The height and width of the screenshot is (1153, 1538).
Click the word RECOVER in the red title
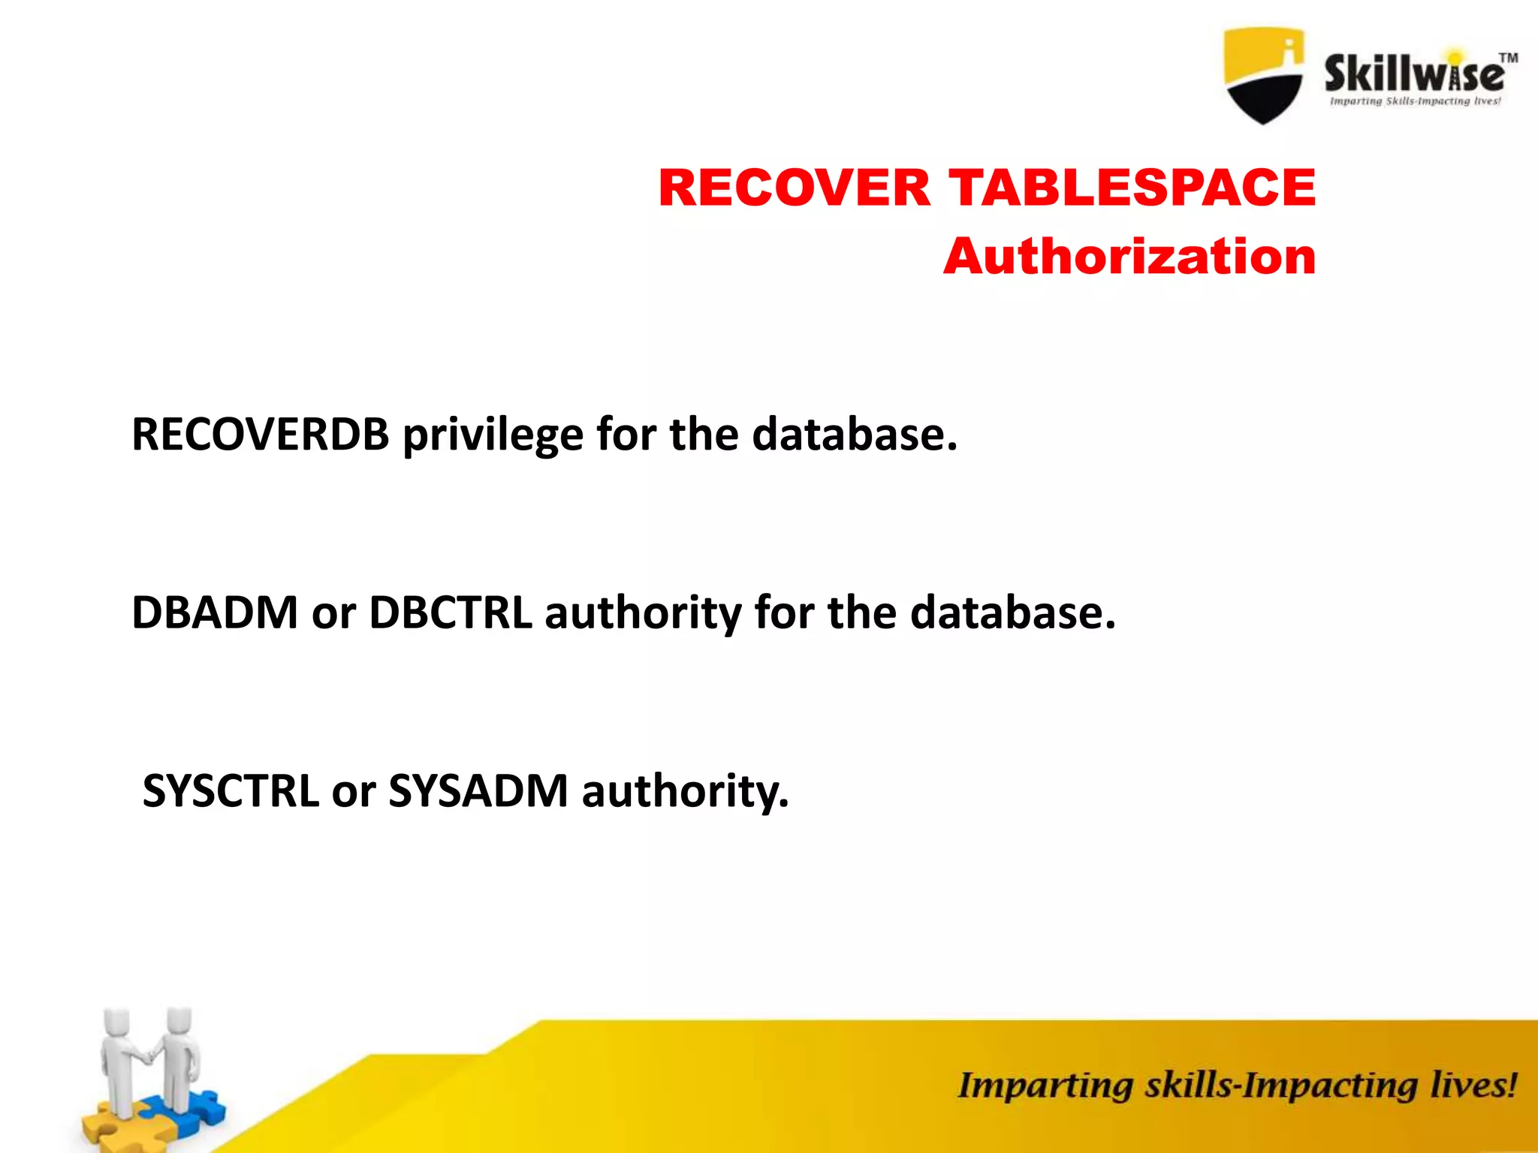tap(794, 188)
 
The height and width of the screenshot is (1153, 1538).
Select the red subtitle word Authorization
tap(1129, 257)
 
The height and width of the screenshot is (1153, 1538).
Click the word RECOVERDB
tap(260, 435)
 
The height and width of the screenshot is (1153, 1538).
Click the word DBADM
tap(215, 613)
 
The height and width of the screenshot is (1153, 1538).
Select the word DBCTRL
tap(450, 613)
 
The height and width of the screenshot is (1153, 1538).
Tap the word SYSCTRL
tap(230, 791)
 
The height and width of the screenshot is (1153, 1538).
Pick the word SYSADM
tap(478, 791)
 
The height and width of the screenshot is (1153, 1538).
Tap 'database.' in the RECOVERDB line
tap(855, 435)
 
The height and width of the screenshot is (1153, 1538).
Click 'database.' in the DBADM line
tap(1013, 613)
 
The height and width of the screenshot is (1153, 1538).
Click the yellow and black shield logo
tap(1263, 75)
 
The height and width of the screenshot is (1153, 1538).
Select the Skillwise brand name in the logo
tap(1413, 74)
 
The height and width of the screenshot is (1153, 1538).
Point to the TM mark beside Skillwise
tap(1508, 58)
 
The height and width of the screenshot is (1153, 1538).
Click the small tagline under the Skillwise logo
tap(1415, 101)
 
